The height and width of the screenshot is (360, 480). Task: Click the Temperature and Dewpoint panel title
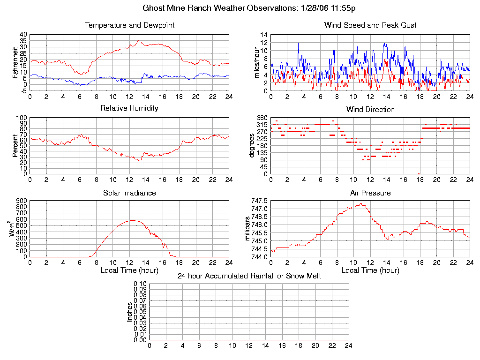(129, 25)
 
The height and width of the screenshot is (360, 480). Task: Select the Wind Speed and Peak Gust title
(370, 25)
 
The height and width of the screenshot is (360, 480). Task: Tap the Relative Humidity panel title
(129, 108)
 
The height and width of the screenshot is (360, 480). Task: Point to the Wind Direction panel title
(370, 110)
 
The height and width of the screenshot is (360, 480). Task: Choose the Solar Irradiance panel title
(129, 193)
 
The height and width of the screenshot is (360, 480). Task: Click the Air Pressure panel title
(370, 193)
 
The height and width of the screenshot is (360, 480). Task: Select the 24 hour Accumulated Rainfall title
(249, 276)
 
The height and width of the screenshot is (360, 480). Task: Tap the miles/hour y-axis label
(256, 63)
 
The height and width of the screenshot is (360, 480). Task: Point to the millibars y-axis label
(248, 229)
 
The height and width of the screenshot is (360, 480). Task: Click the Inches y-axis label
(130, 312)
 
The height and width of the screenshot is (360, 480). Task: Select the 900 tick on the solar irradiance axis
(22, 201)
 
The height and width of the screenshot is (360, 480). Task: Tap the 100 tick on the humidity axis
(22, 118)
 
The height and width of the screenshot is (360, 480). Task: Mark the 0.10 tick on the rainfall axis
(140, 284)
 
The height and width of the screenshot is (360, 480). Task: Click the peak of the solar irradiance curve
(133, 220)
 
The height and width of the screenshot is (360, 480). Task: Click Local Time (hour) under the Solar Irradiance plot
(129, 270)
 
